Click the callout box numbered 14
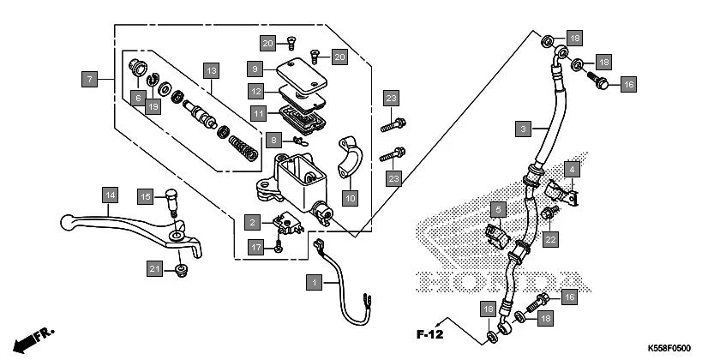click(x=108, y=195)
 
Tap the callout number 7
click(x=88, y=79)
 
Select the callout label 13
click(x=211, y=69)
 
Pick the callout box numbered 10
click(x=350, y=198)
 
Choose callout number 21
click(x=153, y=269)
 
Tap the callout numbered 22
click(x=550, y=238)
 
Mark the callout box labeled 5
click(x=496, y=208)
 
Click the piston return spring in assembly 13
click(x=245, y=147)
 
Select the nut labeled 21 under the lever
click(x=179, y=271)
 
